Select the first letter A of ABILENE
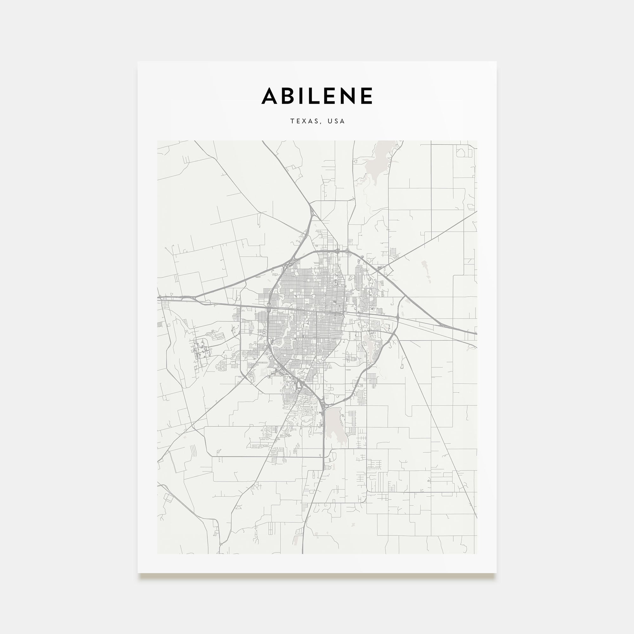click(270, 96)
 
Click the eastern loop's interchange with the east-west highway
click(398, 318)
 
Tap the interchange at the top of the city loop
click(338, 251)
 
